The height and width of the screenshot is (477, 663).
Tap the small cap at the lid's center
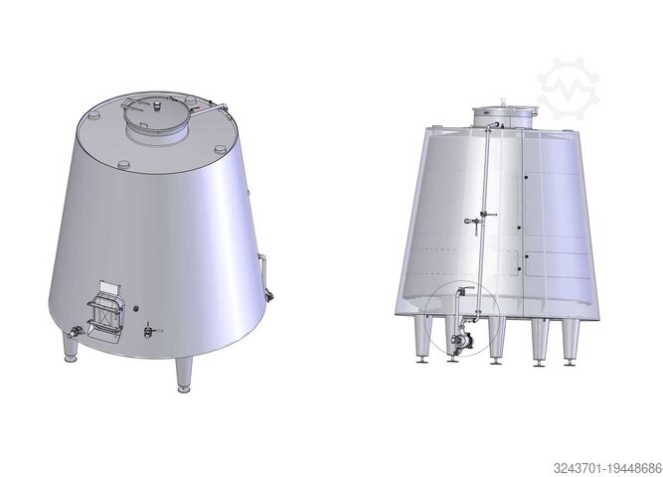click(158, 104)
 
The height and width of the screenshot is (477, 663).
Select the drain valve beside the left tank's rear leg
click(75, 332)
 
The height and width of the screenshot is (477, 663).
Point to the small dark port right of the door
click(136, 309)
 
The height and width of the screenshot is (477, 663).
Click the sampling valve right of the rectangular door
click(150, 330)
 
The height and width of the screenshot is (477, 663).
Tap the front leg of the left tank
click(184, 375)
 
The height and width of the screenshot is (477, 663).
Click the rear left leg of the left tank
click(71, 348)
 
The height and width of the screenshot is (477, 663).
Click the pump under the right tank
click(458, 341)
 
